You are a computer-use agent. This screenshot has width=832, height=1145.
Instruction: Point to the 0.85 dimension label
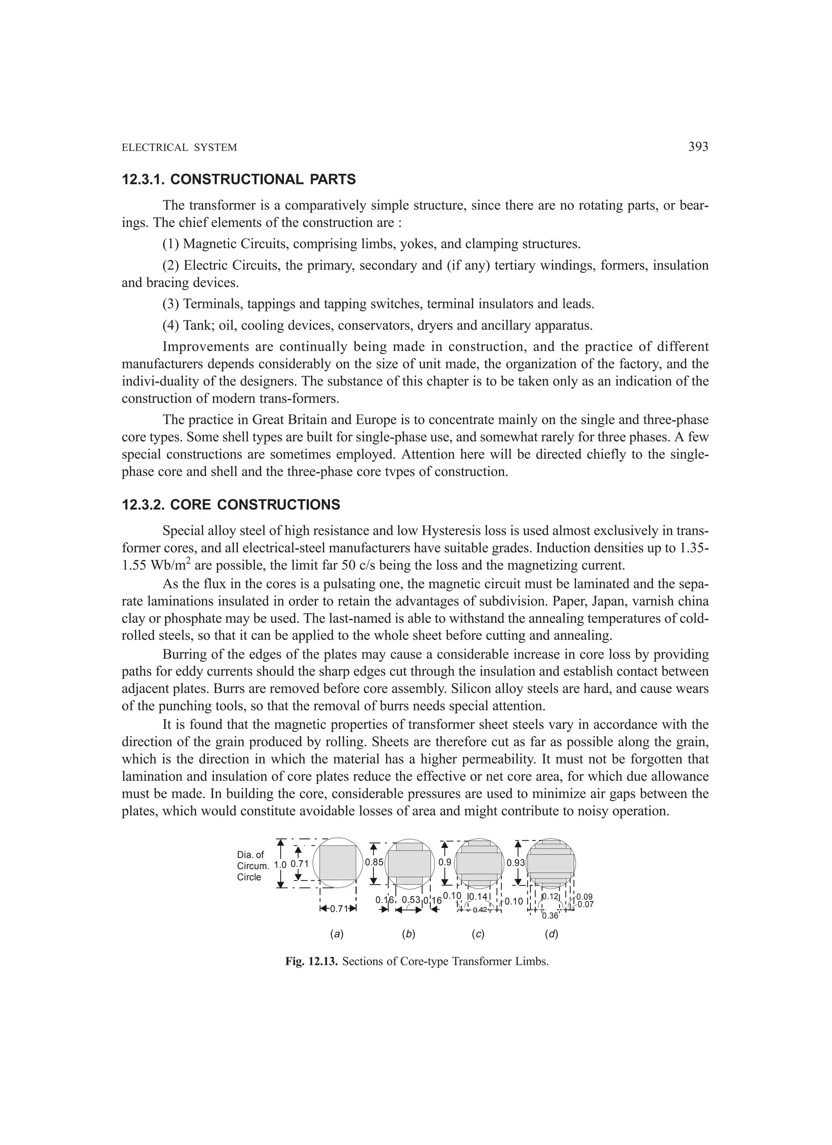pyautogui.click(x=374, y=862)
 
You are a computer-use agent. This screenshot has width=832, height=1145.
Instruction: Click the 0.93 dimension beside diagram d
pyautogui.click(x=516, y=863)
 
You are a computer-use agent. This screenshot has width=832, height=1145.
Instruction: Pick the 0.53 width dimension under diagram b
pyautogui.click(x=411, y=900)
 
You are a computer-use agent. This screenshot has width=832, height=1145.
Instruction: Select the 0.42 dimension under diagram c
pyautogui.click(x=480, y=910)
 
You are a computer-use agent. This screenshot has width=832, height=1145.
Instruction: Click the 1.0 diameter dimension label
pyautogui.click(x=280, y=864)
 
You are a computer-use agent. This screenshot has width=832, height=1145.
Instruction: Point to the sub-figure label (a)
pyautogui.click(x=337, y=934)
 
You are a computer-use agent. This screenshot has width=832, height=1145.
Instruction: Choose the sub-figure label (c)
pyautogui.click(x=478, y=934)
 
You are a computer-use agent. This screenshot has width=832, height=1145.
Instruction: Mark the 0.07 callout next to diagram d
pyautogui.click(x=586, y=904)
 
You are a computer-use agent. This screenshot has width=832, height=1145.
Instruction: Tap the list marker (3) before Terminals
pyautogui.click(x=171, y=304)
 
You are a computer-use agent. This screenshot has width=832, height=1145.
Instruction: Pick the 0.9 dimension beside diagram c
pyautogui.click(x=445, y=862)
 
